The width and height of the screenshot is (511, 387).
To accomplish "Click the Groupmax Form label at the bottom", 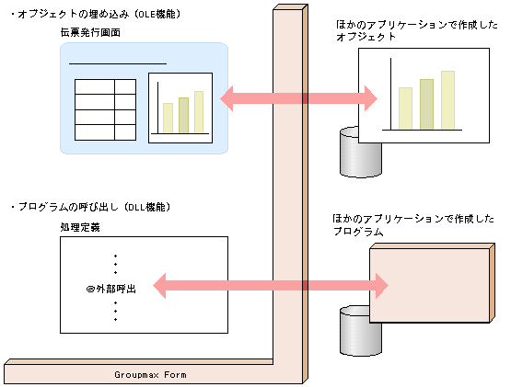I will tap(153, 375).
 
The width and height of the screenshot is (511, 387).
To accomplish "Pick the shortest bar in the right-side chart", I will tap(405, 108).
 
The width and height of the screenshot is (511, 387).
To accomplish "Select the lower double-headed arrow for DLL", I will tap(271, 286).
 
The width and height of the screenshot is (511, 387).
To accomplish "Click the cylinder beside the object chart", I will tap(349, 153).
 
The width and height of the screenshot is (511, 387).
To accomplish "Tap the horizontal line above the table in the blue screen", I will tap(118, 63).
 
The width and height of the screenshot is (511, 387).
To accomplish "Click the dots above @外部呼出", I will tap(115, 264).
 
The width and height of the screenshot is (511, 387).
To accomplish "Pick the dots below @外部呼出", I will tap(115, 312).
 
